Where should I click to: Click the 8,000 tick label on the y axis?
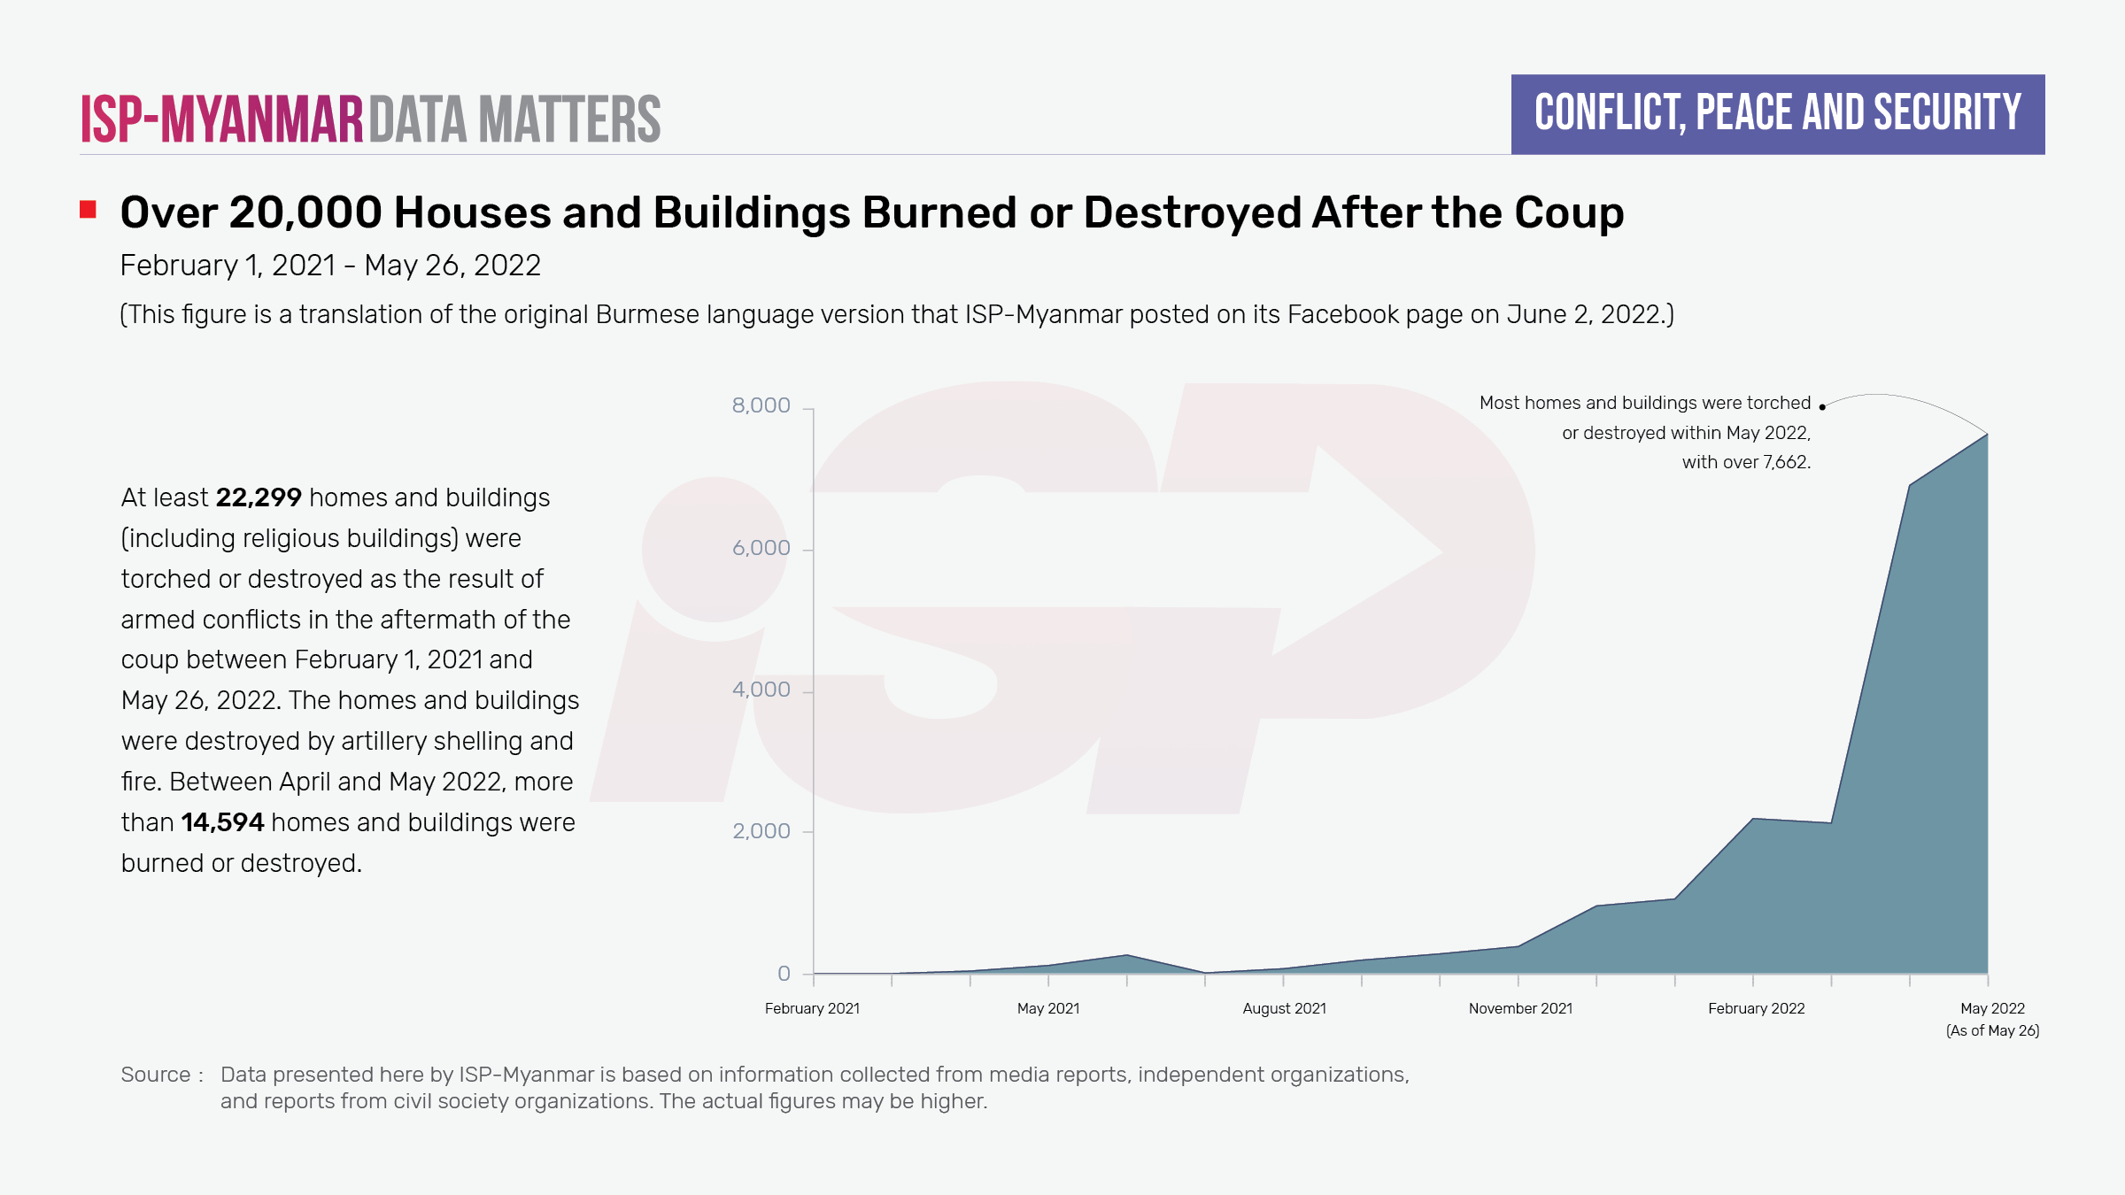point(761,405)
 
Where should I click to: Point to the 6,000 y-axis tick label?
point(761,548)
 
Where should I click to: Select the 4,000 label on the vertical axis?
point(761,690)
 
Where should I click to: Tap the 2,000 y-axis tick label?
point(761,831)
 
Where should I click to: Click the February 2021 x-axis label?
point(812,1008)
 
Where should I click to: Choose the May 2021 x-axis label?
point(1048,1008)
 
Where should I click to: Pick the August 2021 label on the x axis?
point(1284,1008)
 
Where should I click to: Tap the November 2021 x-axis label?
point(1520,1008)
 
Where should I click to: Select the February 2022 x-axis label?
point(1756,1008)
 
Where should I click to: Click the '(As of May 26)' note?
point(1992,1030)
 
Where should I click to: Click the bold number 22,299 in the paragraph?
point(259,497)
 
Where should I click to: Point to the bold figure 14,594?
point(222,822)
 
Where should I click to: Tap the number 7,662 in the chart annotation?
point(1786,462)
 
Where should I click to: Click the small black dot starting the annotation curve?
point(1822,407)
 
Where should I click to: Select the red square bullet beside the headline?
point(88,210)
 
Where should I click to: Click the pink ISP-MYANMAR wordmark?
point(221,119)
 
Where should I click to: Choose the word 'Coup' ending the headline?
point(1569,213)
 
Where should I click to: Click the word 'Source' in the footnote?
point(156,1075)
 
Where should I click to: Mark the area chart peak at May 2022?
point(1987,435)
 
